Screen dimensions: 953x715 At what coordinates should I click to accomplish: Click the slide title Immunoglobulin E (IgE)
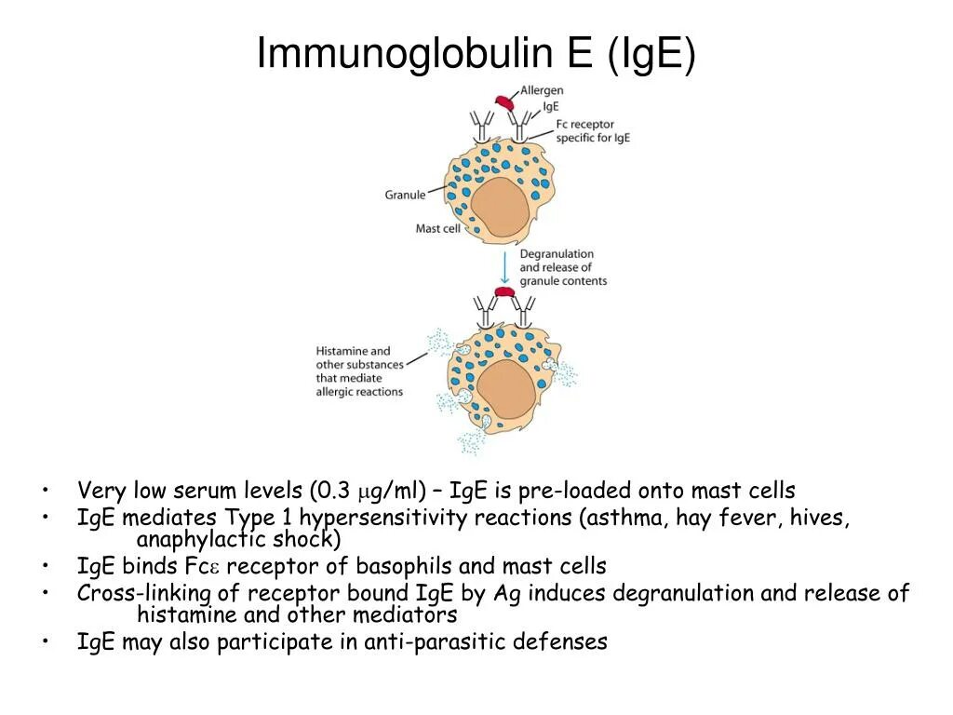click(476, 53)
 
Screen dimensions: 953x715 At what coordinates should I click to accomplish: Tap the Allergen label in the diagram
click(542, 90)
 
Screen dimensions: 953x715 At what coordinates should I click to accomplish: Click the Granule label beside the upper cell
click(405, 195)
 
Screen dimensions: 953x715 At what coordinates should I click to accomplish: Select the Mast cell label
click(437, 228)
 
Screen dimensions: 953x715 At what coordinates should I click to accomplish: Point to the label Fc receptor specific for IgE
click(593, 130)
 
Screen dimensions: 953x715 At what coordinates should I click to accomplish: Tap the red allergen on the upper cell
click(503, 102)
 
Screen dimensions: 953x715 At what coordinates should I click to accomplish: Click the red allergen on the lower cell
click(504, 293)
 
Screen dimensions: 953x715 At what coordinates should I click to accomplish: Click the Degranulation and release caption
click(562, 267)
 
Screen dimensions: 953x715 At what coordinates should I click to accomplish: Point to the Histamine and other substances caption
click(359, 371)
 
